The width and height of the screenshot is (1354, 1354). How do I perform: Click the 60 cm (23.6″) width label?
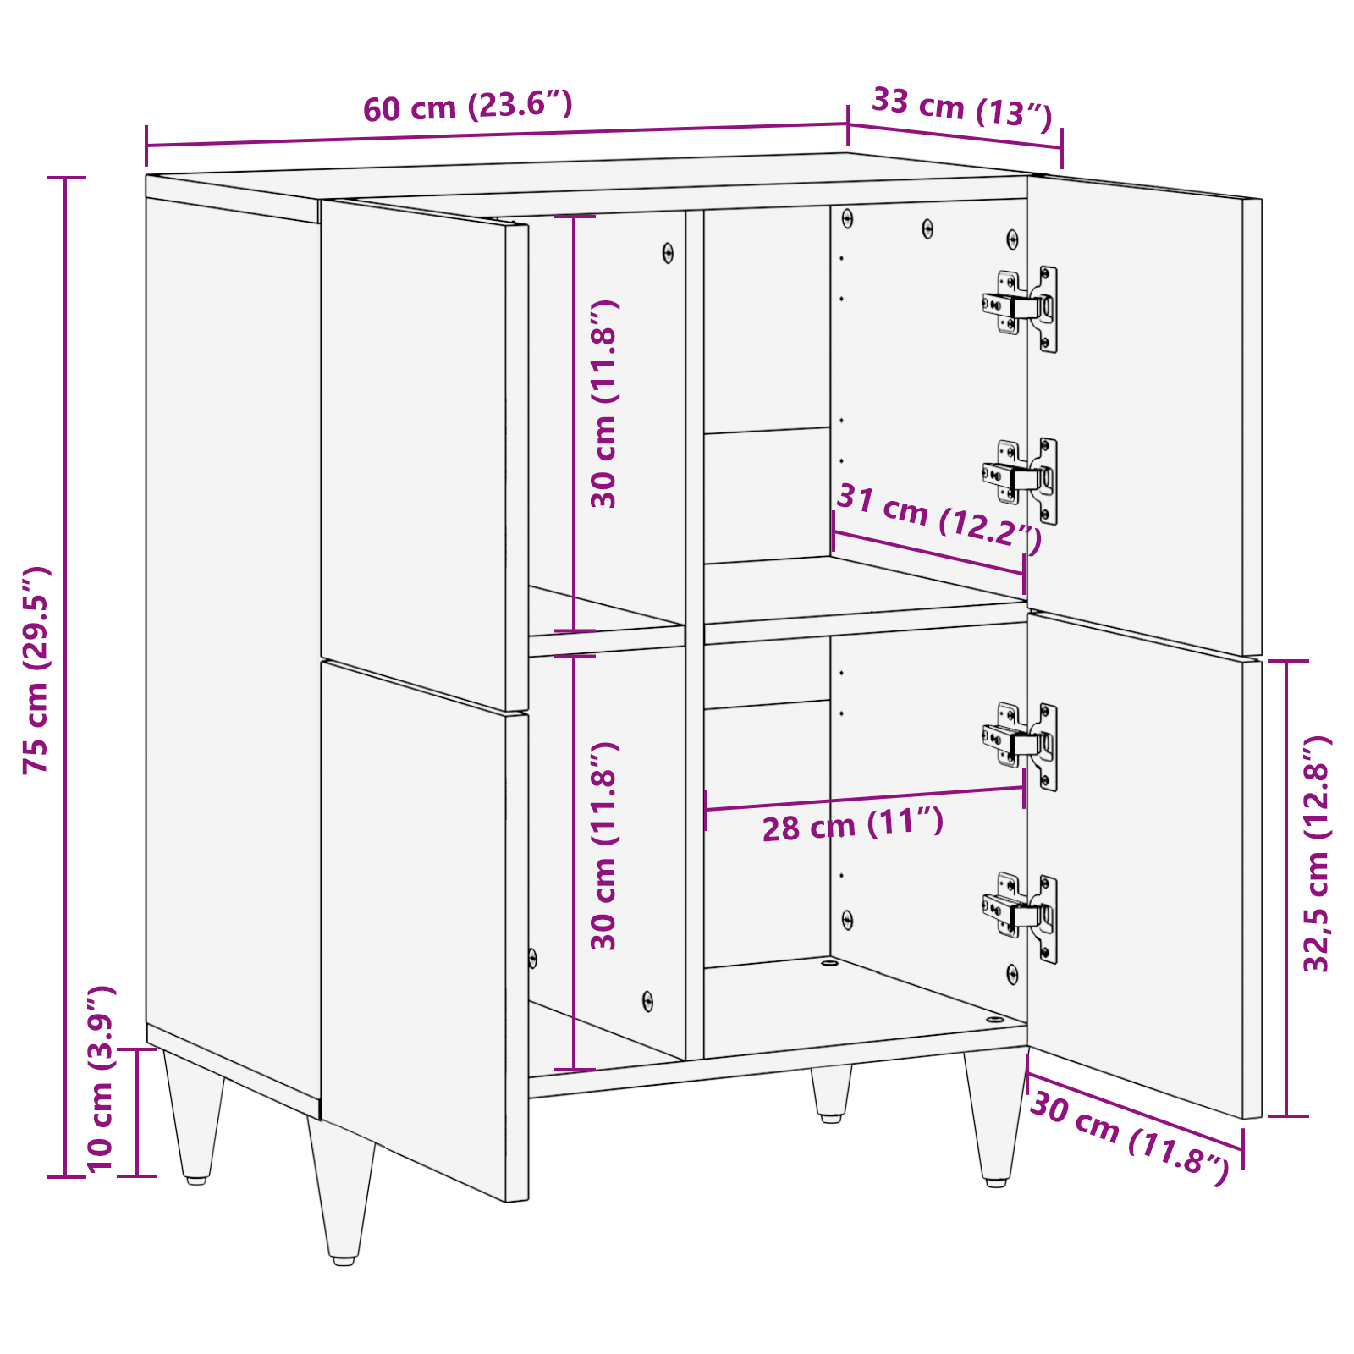pyautogui.click(x=468, y=107)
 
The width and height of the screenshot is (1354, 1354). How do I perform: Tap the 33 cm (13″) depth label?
pyautogui.click(x=962, y=107)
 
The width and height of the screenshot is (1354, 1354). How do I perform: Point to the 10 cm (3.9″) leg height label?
pyautogui.click(x=100, y=1080)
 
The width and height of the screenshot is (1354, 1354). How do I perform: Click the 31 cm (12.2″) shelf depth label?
pyautogui.click(x=939, y=518)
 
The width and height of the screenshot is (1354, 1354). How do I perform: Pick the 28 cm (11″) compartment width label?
pyautogui.click(x=853, y=824)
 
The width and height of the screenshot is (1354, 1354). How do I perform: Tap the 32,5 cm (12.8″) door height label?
pyautogui.click(x=1317, y=855)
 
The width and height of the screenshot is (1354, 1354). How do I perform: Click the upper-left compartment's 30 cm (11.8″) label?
pyautogui.click(x=604, y=404)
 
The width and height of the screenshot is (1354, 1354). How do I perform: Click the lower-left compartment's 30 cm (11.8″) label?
pyautogui.click(x=604, y=846)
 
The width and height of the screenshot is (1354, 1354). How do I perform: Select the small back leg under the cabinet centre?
pyautogui.click(x=831, y=1093)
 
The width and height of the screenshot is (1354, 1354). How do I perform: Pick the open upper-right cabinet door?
pyautogui.click(x=1142, y=415)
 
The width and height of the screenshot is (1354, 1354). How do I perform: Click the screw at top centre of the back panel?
pyautogui.click(x=927, y=228)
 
